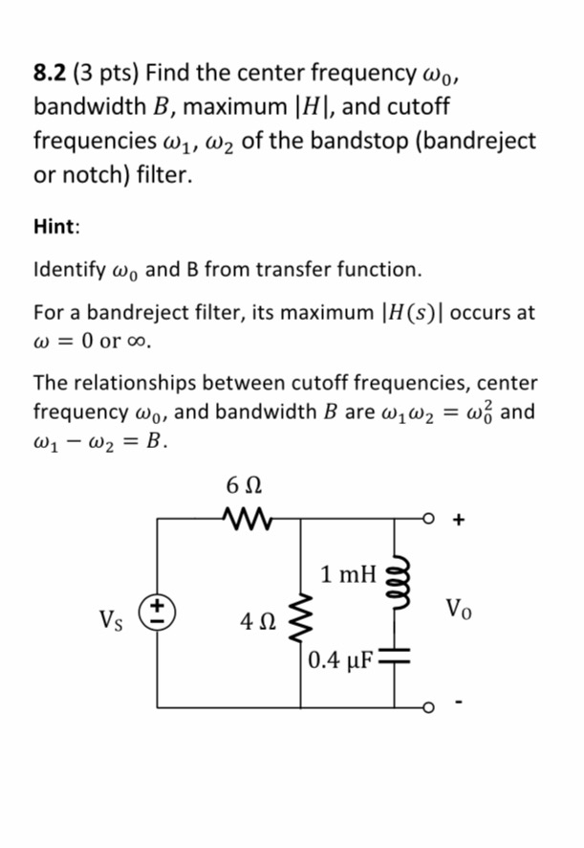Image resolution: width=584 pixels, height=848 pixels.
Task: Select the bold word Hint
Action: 55,227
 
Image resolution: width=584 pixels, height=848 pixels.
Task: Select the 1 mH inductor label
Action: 349,575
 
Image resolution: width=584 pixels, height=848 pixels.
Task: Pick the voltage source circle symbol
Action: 158,610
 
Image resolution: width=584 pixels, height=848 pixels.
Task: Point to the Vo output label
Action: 458,609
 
